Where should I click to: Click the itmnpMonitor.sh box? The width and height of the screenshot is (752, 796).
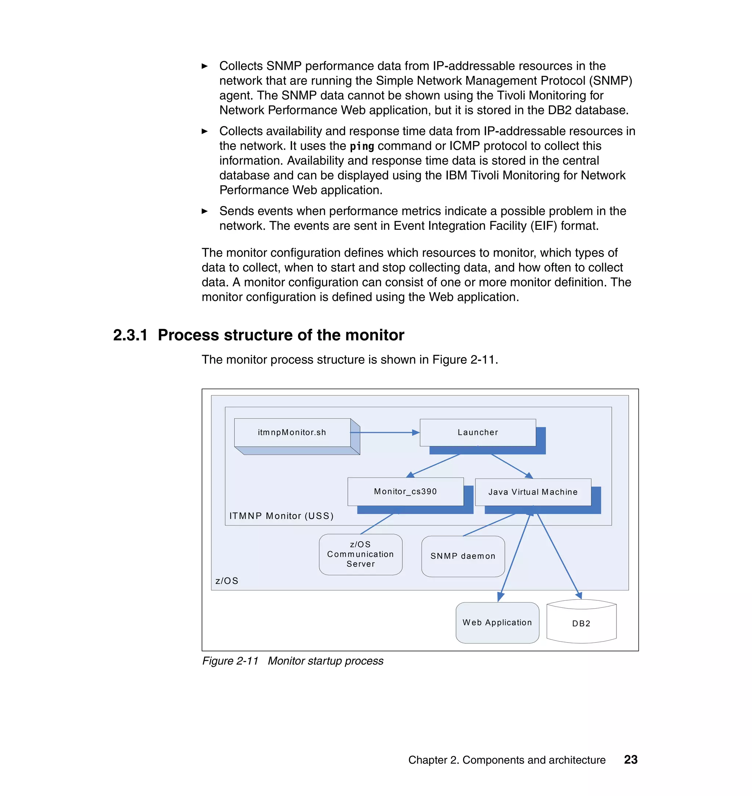[292, 433]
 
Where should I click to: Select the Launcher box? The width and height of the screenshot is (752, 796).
[477, 433]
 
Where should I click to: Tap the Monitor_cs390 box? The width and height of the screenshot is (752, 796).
[405, 491]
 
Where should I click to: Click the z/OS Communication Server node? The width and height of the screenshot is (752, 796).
[360, 554]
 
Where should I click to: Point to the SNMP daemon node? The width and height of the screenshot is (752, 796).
[463, 556]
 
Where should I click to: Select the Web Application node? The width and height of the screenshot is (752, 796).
[497, 622]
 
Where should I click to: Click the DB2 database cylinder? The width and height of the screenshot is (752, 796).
[581, 623]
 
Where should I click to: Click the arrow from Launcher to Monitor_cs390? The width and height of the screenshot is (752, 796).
[435, 465]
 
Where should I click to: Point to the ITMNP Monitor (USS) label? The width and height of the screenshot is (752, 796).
[281, 516]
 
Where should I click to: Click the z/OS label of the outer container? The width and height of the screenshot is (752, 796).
[227, 581]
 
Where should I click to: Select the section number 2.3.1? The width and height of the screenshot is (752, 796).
[130, 335]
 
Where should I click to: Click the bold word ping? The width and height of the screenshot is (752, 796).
[362, 146]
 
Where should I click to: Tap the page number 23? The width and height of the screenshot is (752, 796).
[630, 760]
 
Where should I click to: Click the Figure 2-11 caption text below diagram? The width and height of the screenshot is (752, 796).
[293, 661]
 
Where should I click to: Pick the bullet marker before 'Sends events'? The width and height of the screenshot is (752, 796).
[205, 211]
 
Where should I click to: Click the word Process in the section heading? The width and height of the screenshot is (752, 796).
[188, 335]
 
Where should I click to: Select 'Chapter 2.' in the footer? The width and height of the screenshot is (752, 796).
[433, 760]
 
